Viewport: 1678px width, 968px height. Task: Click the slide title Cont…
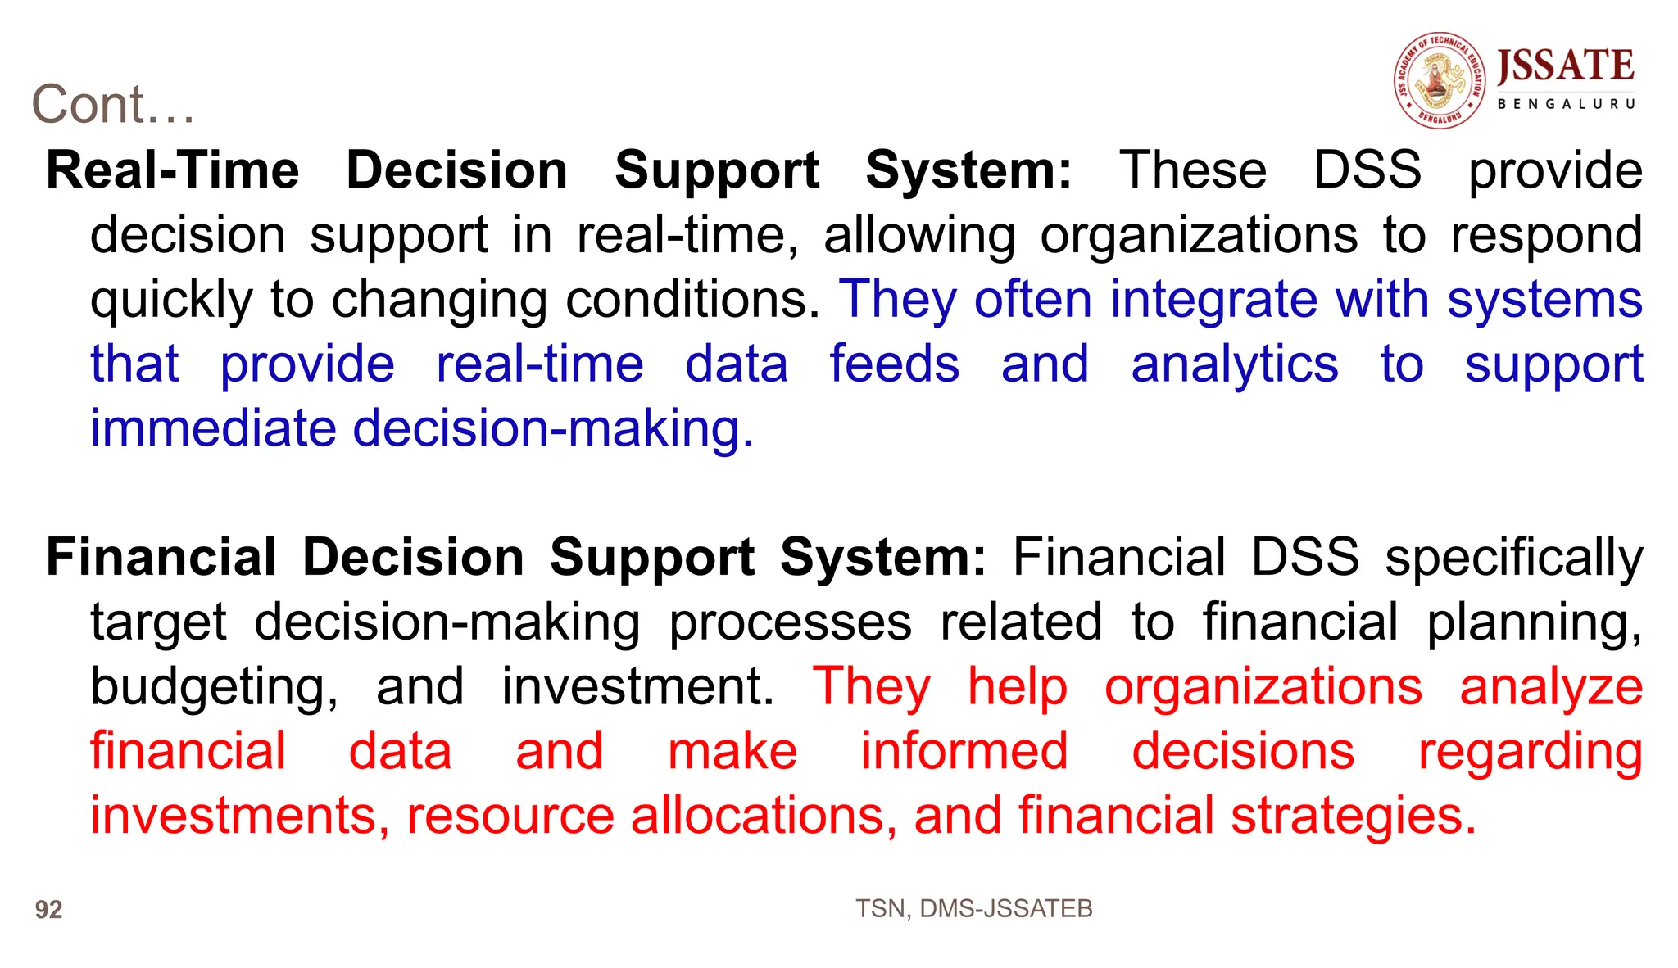coord(113,105)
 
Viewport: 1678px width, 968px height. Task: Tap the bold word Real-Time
coord(173,170)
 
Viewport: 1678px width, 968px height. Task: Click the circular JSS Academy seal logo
coord(1440,80)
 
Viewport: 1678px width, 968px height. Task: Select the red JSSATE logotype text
coord(1566,66)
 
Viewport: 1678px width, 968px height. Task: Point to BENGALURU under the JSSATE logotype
coord(1566,104)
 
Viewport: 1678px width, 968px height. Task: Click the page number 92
coord(48,910)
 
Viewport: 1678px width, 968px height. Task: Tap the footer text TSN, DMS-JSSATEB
coord(973,908)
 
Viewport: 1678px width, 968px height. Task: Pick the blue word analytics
coord(1234,364)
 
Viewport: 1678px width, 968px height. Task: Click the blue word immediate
coord(213,428)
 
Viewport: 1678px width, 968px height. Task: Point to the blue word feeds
coord(894,364)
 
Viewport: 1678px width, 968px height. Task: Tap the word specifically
coord(1513,559)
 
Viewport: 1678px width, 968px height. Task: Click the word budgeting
coord(213,688)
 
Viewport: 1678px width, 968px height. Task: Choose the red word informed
coord(964,752)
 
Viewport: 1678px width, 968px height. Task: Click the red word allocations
coord(758,816)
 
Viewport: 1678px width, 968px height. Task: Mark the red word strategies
coord(1353,817)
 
